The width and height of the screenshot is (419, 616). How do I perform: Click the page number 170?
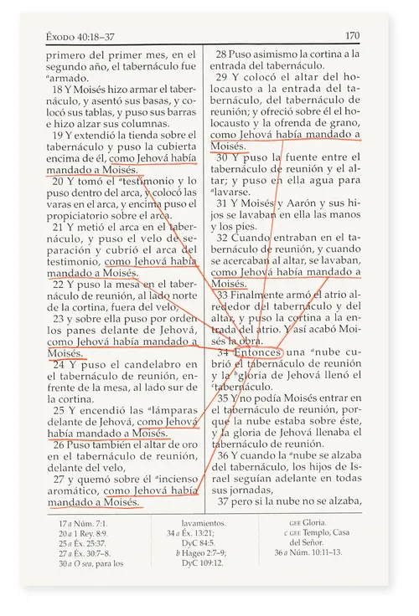click(x=351, y=35)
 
